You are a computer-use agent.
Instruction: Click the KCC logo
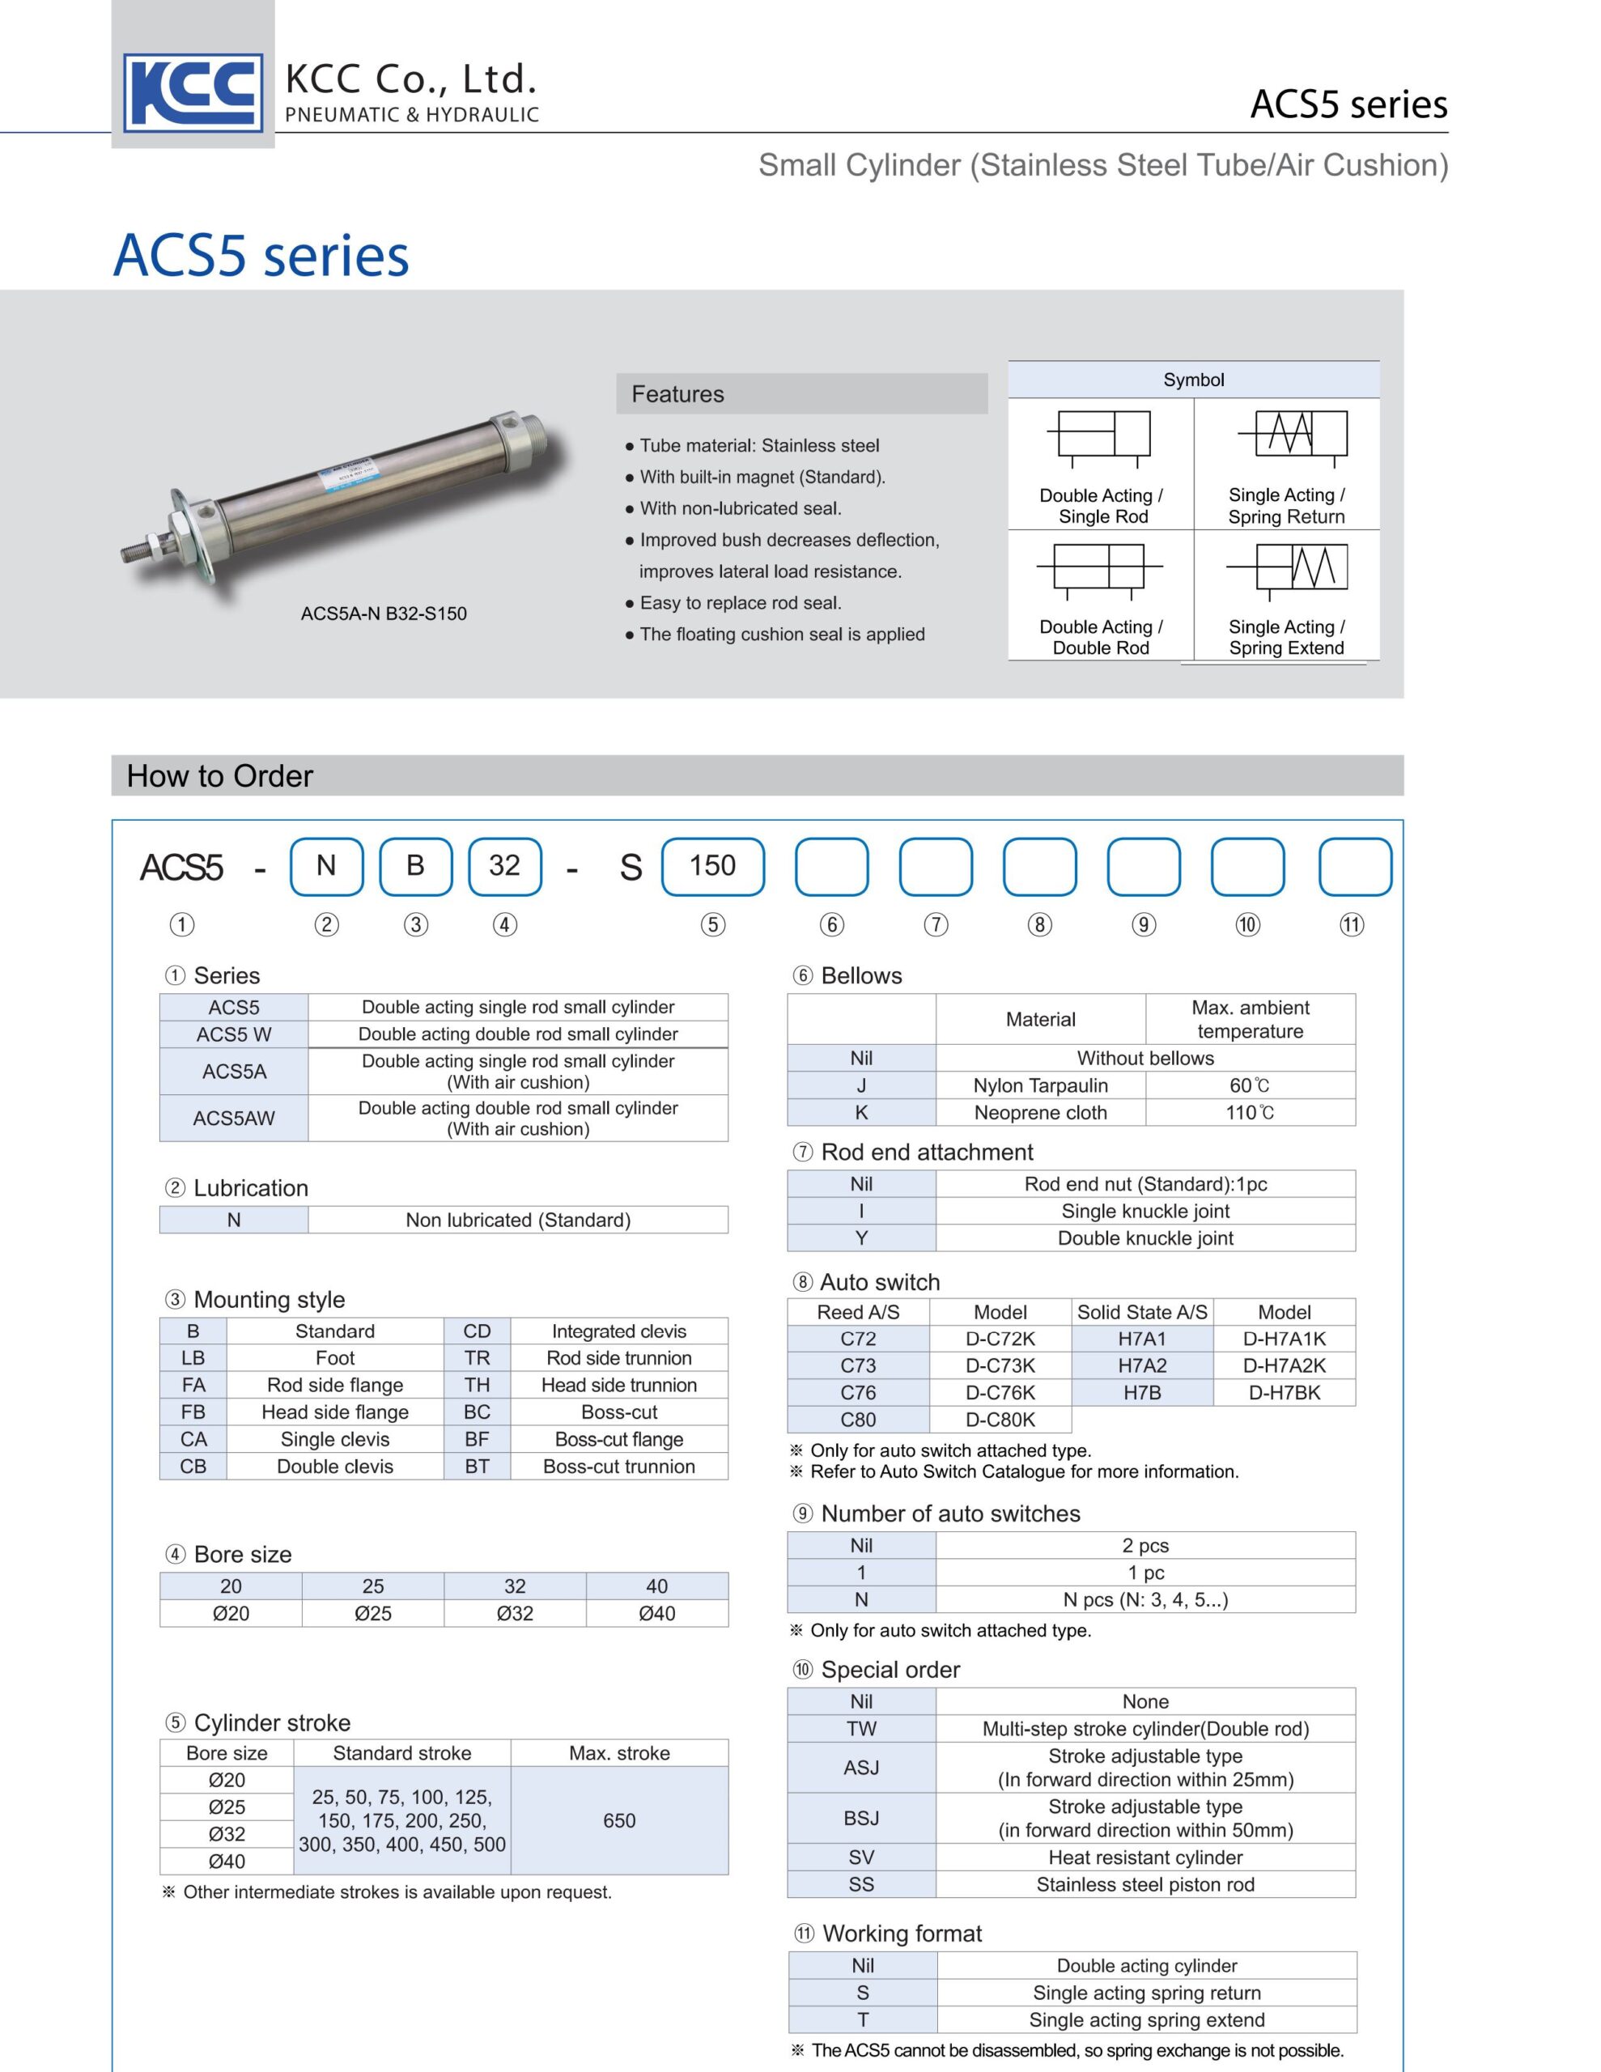tap(193, 92)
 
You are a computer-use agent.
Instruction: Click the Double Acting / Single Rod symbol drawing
tap(1102, 436)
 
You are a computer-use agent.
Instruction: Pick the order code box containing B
tap(416, 866)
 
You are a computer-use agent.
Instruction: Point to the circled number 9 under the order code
tap(1144, 925)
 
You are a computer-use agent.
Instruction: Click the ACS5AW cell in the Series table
tap(233, 1118)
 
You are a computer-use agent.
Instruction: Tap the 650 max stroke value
tap(618, 1819)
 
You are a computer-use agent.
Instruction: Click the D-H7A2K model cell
tap(1284, 1365)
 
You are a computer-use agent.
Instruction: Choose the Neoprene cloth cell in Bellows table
tap(1040, 1112)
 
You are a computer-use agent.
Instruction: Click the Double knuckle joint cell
tap(1144, 1238)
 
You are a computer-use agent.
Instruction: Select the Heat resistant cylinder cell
tap(1144, 1857)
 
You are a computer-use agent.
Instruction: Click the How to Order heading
tap(220, 776)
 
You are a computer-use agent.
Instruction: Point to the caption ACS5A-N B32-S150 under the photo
tap(384, 614)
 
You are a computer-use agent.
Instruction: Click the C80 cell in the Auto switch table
tap(858, 1420)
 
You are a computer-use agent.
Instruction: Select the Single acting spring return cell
tap(1146, 1993)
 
